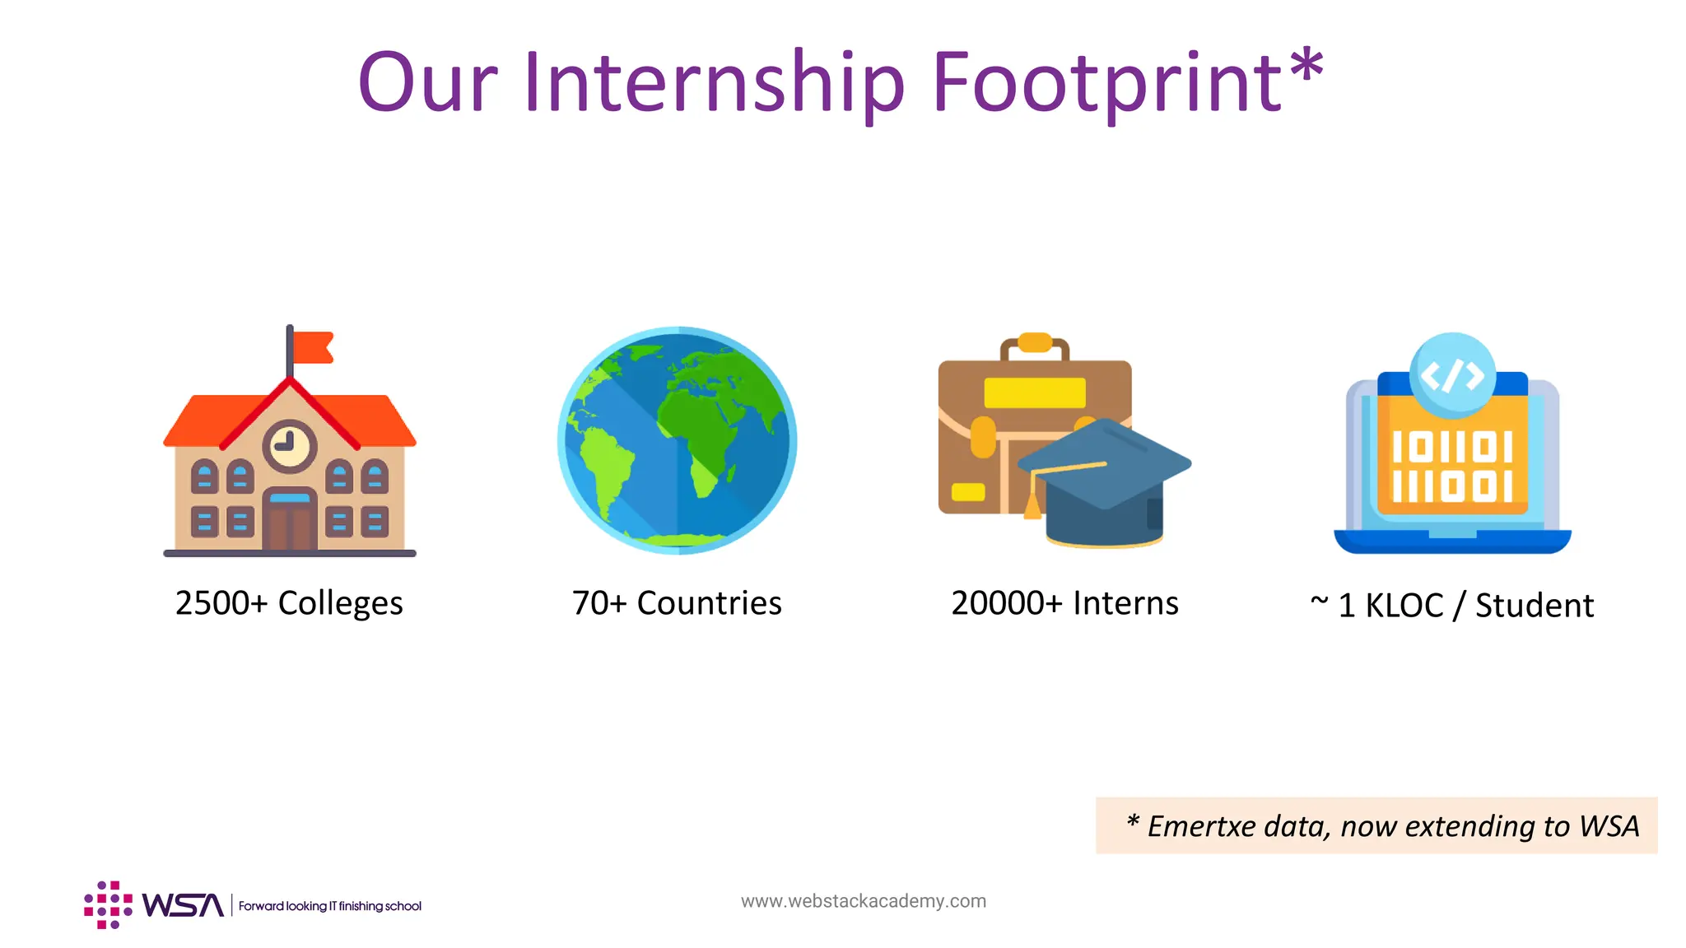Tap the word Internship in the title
[714, 82]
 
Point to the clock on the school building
[290, 446]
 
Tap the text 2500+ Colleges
[289, 603]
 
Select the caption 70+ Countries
[677, 603]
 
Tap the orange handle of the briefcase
[1035, 342]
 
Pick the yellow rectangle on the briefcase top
[1035, 393]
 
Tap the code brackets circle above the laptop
[1452, 375]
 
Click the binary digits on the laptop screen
[1452, 467]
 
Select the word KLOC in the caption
[1404, 606]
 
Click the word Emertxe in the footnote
[1201, 826]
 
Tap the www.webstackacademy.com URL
[864, 901]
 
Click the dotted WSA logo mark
[108, 904]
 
